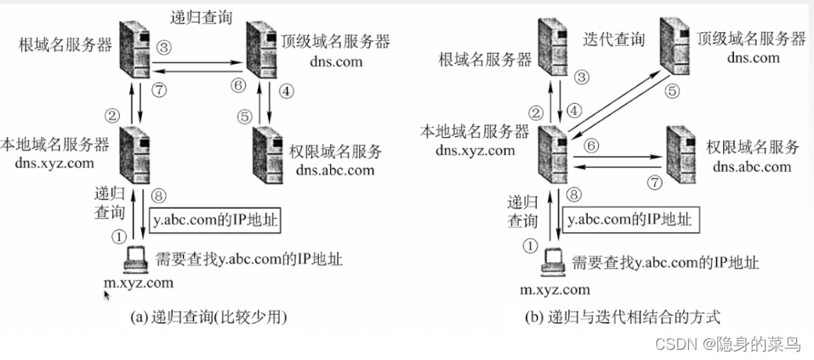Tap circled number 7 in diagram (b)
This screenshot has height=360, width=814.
pyautogui.click(x=654, y=181)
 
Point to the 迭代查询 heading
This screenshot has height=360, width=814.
pyautogui.click(x=614, y=39)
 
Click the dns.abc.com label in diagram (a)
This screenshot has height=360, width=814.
pyautogui.click(x=333, y=169)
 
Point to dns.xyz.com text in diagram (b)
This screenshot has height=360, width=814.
pyautogui.click(x=475, y=150)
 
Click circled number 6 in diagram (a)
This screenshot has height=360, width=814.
pyautogui.click(x=238, y=86)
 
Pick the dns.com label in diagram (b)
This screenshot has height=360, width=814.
pyautogui.click(x=754, y=58)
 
